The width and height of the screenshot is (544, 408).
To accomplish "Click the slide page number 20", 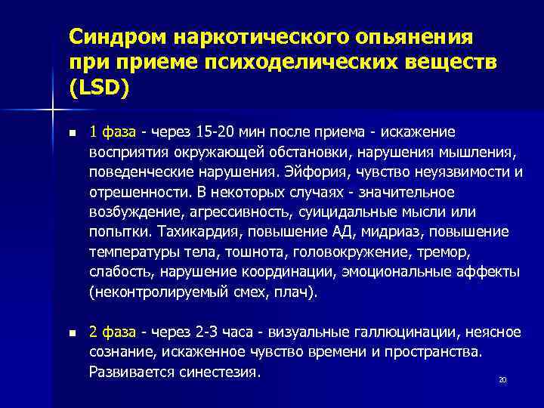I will (502, 379).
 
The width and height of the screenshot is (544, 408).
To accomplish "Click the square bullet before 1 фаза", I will (72, 133).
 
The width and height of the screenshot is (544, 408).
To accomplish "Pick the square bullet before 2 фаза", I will (72, 332).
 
